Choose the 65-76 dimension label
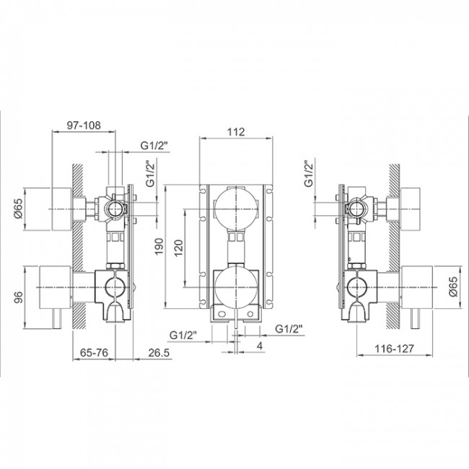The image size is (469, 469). pyautogui.click(x=94, y=354)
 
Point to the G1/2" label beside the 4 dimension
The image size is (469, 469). pyautogui.click(x=292, y=329)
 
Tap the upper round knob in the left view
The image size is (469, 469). pyautogui.click(x=63, y=210)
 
